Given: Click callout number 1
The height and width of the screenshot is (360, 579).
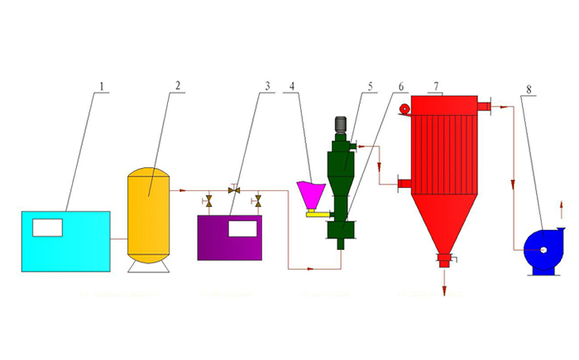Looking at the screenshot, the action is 102,87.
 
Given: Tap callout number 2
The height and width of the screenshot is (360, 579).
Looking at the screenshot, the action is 178,86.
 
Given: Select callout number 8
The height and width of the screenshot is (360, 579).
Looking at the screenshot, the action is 529,89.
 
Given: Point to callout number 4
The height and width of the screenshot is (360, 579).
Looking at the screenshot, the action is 292,86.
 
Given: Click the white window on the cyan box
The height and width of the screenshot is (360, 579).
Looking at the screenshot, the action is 48,228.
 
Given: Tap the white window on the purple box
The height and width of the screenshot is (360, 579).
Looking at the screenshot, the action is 242,228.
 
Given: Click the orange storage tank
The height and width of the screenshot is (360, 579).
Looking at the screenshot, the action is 148,215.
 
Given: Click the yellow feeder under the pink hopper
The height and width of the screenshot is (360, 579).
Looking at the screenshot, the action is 318,214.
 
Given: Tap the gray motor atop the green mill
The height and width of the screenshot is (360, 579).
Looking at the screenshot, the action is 340,125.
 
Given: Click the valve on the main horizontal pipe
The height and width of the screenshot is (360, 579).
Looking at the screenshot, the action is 234,190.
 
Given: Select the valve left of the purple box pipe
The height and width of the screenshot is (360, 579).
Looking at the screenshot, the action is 208,201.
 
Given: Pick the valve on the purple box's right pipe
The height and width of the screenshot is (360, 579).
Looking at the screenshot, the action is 257,201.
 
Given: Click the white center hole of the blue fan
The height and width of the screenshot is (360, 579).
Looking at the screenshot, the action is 543,250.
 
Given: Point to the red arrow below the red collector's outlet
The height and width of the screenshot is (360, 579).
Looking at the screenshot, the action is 444,281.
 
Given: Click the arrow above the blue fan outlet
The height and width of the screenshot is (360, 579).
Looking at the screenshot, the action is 562,209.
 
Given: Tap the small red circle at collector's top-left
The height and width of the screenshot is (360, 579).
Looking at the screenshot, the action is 405,108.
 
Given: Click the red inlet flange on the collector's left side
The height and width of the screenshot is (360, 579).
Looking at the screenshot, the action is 404,184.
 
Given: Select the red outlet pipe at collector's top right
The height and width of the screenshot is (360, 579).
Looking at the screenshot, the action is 484,107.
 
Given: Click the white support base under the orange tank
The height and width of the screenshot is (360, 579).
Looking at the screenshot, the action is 148,267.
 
